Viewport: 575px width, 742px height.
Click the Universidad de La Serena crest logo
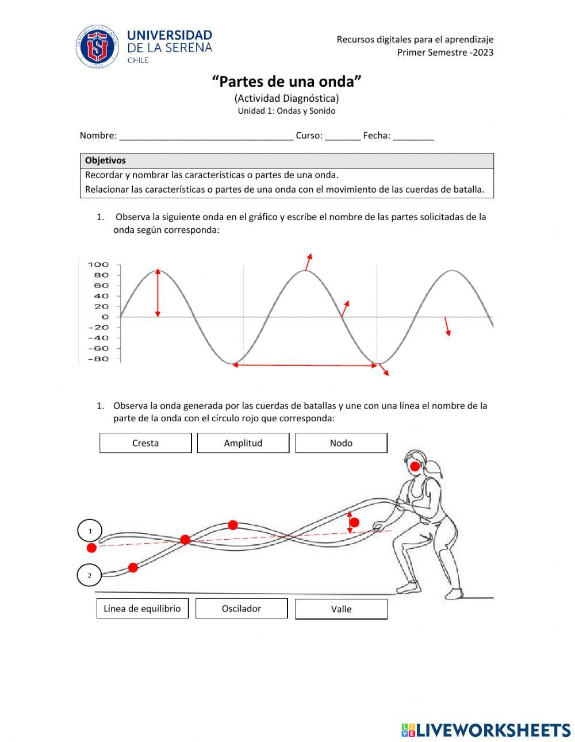click(x=97, y=47)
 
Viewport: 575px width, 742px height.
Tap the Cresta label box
click(x=145, y=443)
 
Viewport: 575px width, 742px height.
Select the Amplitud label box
click(x=243, y=443)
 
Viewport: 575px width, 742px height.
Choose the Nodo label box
click(x=341, y=443)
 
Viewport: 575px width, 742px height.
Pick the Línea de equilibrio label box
click(x=142, y=609)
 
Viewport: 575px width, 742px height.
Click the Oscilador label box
click(x=241, y=609)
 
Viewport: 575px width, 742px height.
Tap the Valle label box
click(x=341, y=609)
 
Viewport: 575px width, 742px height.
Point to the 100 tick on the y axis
click(x=98, y=265)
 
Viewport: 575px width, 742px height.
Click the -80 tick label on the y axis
click(x=98, y=359)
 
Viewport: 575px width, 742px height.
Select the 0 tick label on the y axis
click(x=105, y=317)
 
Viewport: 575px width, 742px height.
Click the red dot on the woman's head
click(x=415, y=466)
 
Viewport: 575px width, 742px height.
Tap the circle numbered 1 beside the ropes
click(x=90, y=530)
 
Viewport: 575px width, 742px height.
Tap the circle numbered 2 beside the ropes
click(x=89, y=575)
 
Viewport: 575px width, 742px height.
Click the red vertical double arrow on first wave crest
click(x=158, y=293)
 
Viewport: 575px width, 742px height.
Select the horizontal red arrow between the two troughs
click(x=305, y=365)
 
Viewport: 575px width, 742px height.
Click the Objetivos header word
click(x=105, y=161)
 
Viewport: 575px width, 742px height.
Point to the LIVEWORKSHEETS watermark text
click(x=493, y=730)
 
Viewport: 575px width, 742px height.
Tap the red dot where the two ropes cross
click(x=185, y=539)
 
